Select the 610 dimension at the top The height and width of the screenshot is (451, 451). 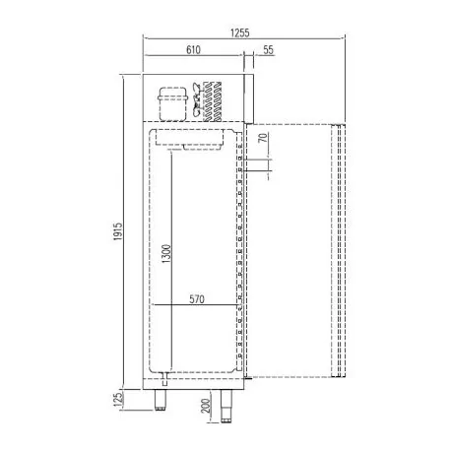click(195, 48)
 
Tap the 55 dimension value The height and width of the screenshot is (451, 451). click(268, 48)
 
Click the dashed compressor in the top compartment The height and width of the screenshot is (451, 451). click(172, 101)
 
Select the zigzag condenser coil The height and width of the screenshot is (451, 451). click(210, 101)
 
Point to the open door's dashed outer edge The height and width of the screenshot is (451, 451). click(343, 251)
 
